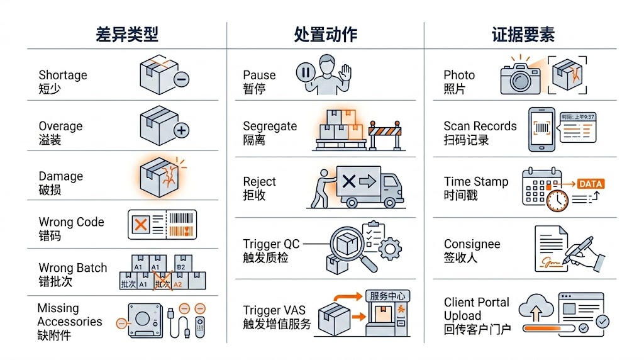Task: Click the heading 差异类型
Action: [x=127, y=35]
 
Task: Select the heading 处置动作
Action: [x=325, y=35]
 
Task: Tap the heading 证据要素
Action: [x=523, y=35]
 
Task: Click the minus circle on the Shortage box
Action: [x=181, y=79]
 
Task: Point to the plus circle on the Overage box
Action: [x=181, y=131]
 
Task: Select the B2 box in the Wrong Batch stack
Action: [x=182, y=265]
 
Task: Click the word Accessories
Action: [x=70, y=322]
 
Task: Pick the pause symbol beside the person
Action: [x=306, y=72]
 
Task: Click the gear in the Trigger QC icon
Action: [x=391, y=249]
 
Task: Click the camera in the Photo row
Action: [x=520, y=79]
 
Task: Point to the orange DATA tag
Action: [x=590, y=184]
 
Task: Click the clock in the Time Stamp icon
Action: [x=557, y=201]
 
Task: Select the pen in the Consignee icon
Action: [x=582, y=250]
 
